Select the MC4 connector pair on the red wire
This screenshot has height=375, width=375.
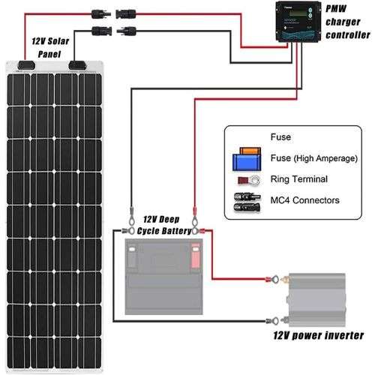[x=106, y=13]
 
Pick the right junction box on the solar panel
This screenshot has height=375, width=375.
[x=77, y=65]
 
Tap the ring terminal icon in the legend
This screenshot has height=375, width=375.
[x=247, y=180]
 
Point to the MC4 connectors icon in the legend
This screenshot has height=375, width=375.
[x=247, y=201]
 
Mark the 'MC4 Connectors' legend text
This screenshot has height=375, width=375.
[x=304, y=200]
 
